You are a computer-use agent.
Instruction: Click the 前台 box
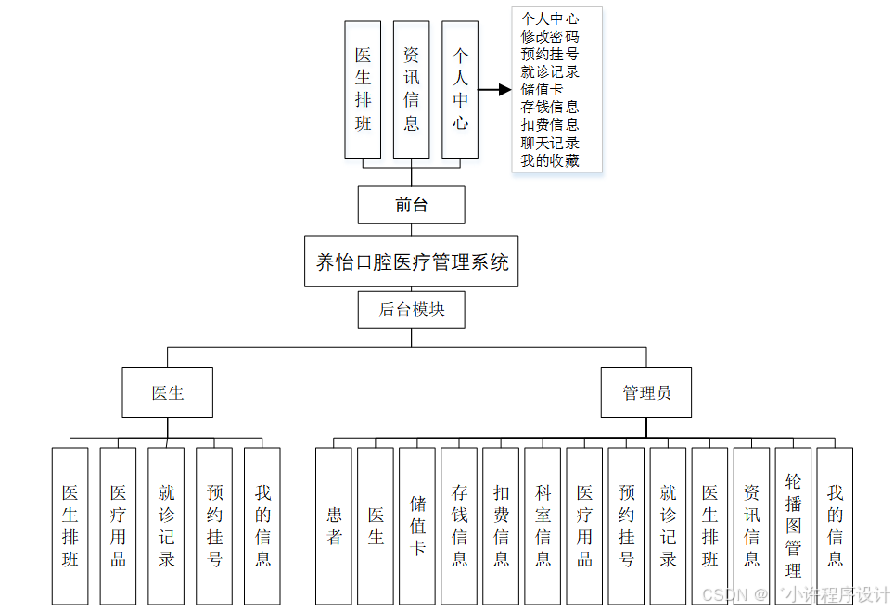coord(411,205)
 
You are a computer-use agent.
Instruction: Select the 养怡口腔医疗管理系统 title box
coord(412,262)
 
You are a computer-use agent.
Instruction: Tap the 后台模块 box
coord(411,310)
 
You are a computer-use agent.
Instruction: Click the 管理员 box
coord(645,392)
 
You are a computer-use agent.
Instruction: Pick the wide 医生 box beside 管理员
coord(168,392)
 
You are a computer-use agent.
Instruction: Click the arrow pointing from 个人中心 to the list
coord(495,89)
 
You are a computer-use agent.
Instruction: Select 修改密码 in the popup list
coord(550,36)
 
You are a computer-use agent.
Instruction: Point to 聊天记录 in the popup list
coord(550,143)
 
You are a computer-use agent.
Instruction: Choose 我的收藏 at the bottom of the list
coord(550,160)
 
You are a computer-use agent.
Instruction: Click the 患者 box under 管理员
coord(334,526)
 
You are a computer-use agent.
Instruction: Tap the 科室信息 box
coord(543,526)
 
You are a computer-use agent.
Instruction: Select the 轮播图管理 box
coord(793,526)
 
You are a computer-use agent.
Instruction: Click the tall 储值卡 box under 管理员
coord(417,526)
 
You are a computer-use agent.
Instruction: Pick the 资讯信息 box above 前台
coord(411,89)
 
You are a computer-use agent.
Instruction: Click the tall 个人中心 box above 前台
coord(460,89)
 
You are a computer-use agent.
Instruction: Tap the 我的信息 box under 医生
coord(262,526)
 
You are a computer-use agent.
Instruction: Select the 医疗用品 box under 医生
coord(119,526)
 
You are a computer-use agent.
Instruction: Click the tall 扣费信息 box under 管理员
coord(501,526)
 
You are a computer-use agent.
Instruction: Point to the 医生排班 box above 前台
coord(363,89)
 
